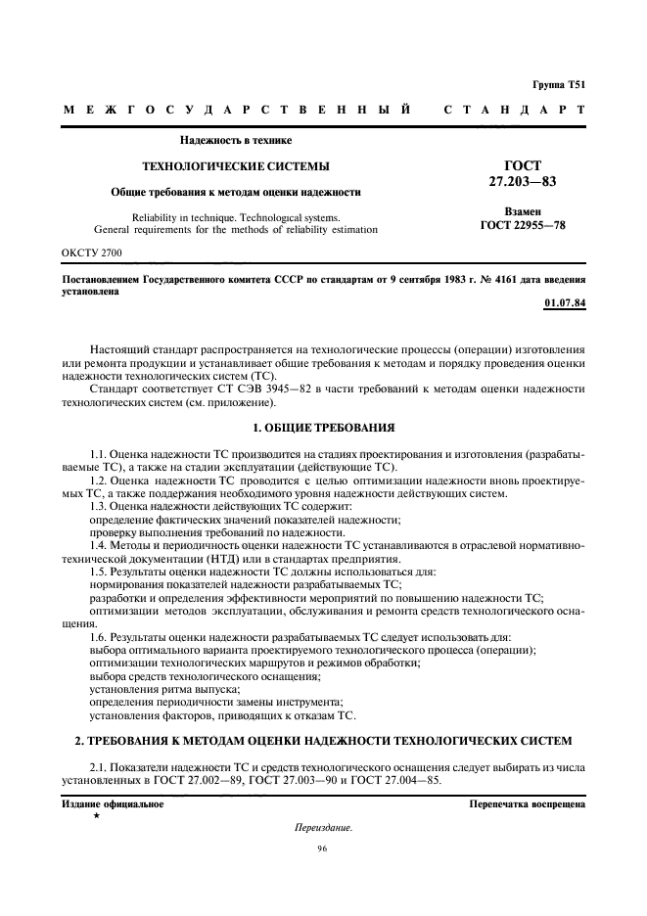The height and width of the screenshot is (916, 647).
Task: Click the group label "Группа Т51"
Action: [559, 86]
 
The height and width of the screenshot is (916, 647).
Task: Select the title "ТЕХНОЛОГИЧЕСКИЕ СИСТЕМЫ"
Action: [236, 166]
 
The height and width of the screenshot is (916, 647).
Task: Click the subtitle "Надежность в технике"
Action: [236, 140]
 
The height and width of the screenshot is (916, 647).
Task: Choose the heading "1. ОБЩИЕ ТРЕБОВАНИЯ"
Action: [323, 429]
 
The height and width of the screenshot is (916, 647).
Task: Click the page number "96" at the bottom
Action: [322, 848]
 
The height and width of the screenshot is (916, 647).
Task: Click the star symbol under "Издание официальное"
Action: [96, 814]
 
